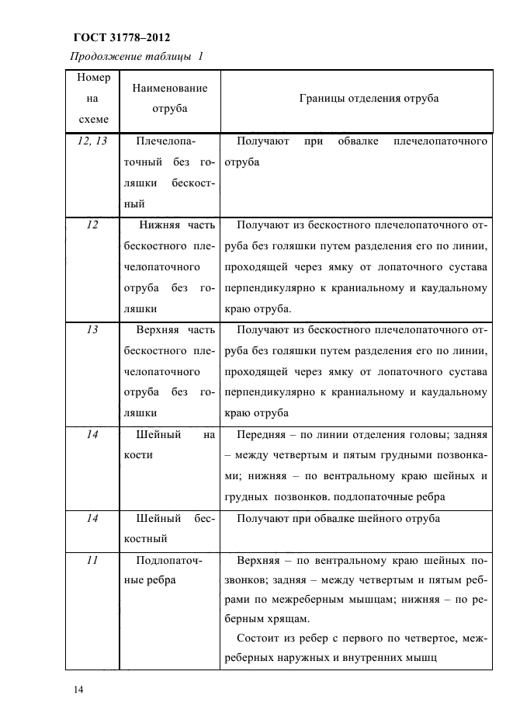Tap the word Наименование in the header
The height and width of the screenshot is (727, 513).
point(170,89)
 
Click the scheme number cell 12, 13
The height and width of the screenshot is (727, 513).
point(93,141)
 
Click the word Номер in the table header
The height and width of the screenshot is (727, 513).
point(94,78)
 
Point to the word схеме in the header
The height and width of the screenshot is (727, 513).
point(94,119)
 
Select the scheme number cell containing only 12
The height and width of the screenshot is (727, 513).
point(92,225)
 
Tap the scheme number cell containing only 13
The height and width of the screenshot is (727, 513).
point(92,330)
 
